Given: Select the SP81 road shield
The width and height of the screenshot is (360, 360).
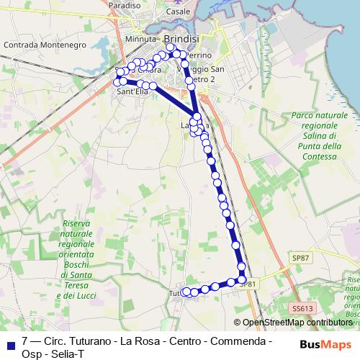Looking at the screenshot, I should click(x=248, y=284).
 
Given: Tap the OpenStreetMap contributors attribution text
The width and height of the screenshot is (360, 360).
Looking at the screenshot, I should click(x=297, y=323).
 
